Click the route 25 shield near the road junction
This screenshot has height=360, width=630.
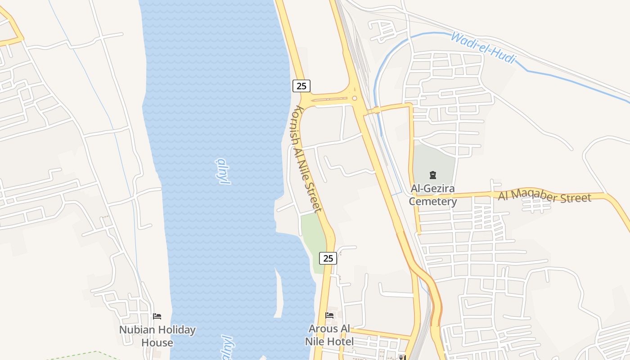(301, 85)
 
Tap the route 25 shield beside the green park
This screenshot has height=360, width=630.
(328, 258)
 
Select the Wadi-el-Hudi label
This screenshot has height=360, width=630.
(482, 47)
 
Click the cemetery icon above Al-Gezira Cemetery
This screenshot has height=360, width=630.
(432, 175)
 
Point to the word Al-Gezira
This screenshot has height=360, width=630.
(432, 188)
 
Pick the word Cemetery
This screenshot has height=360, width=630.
(432, 201)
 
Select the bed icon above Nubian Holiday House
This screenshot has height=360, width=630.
(157, 316)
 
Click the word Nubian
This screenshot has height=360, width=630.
(135, 330)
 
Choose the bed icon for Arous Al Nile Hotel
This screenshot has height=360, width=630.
(329, 315)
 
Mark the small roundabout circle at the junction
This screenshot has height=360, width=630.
(355, 98)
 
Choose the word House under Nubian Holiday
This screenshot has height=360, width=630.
(157, 342)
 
